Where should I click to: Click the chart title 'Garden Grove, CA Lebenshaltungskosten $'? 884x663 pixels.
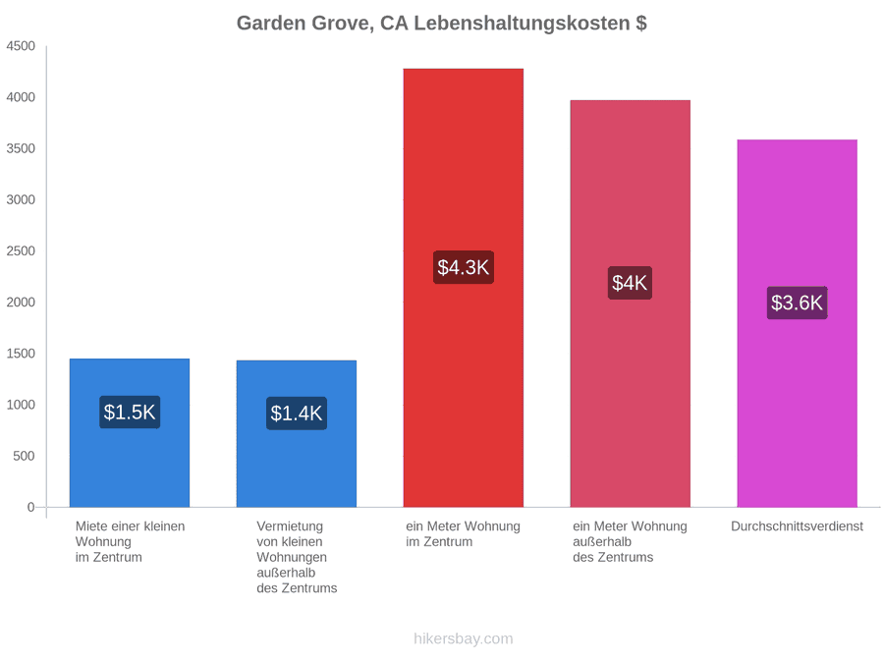[x=441, y=24]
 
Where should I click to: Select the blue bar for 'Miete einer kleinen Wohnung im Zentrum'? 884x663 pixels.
[x=130, y=433]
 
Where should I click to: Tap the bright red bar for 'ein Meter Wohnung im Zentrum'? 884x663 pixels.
[x=464, y=288]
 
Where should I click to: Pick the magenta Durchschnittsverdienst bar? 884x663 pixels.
[x=798, y=323]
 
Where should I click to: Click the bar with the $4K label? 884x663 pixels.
[x=631, y=304]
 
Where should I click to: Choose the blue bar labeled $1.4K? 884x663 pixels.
[x=297, y=434]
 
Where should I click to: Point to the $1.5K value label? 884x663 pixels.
[x=130, y=413]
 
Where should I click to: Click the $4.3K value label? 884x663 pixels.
[x=464, y=267]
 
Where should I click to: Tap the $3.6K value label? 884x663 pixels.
[x=798, y=303]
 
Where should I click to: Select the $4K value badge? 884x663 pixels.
[x=631, y=283]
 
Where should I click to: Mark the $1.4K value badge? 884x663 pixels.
[x=297, y=414]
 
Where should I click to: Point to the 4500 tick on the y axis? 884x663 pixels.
[x=21, y=45]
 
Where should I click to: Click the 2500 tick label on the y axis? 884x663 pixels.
[x=21, y=250]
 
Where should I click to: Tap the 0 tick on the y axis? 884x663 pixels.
[x=31, y=507]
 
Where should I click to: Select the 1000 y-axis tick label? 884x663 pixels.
[x=21, y=405]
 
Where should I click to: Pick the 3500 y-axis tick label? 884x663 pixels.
[x=21, y=148]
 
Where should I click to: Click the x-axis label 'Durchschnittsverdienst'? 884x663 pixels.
[x=798, y=526]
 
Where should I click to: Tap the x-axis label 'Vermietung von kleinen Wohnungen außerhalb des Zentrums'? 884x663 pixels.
[x=297, y=557]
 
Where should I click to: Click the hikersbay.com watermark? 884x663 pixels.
[x=464, y=638]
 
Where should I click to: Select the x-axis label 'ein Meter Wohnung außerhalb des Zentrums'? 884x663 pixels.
[x=631, y=542]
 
